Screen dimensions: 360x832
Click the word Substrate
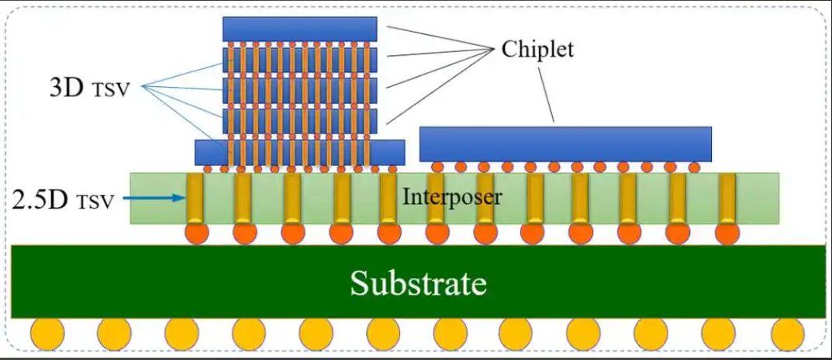click(418, 282)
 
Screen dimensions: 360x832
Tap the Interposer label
click(452, 197)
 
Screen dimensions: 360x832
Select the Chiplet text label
click(537, 50)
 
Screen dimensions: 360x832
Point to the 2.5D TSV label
click(64, 200)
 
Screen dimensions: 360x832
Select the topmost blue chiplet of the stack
click(299, 29)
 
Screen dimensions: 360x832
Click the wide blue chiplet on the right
click(565, 144)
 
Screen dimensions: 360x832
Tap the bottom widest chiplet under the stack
click(299, 152)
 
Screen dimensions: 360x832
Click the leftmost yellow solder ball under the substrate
click(47, 334)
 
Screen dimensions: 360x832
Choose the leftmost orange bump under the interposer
click(195, 233)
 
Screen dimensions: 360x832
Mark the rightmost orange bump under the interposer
click(727, 233)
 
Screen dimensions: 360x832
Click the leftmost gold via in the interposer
click(195, 199)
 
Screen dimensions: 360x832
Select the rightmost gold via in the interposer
click(727, 199)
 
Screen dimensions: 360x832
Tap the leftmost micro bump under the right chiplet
click(437, 167)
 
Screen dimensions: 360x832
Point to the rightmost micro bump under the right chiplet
click(694, 167)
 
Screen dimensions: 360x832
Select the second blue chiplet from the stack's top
click(299, 59)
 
